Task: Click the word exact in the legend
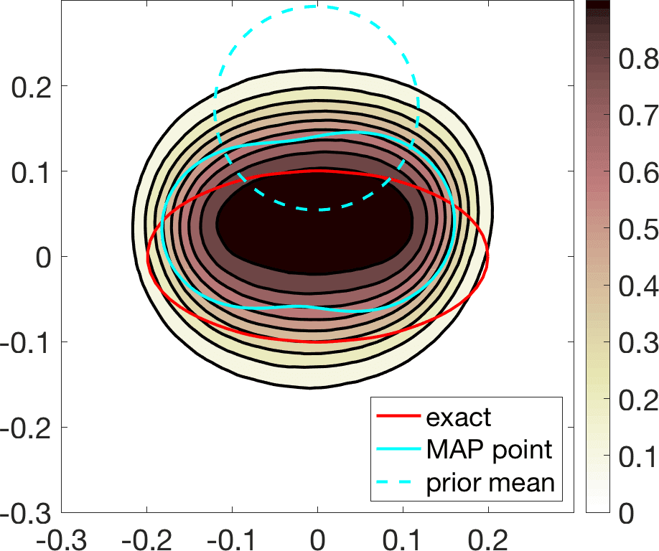pos(458,417)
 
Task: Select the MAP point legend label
pos(489,450)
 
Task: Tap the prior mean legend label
pos(490,482)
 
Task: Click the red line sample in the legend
pos(396,418)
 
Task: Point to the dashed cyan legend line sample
pos(396,483)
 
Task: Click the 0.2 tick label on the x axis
pos(488,537)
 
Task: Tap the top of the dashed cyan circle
pos(316,6)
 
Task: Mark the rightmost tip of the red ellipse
pos(487,257)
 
